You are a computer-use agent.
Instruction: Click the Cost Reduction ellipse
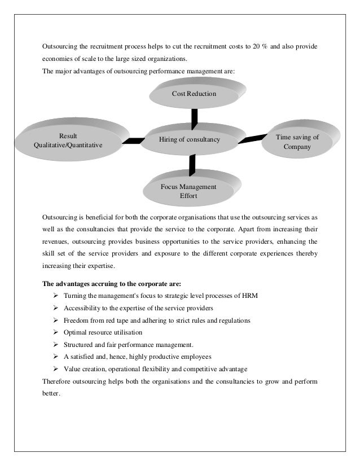[x=194, y=93]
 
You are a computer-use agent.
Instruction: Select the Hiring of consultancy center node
[x=189, y=139]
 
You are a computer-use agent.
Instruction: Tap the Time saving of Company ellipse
[x=297, y=142]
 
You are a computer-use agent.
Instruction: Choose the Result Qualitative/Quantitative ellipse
[x=68, y=140]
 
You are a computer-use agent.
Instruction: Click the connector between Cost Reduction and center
[x=195, y=117]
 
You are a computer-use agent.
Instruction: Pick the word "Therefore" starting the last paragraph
[x=57, y=381]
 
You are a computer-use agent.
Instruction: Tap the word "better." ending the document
[x=51, y=394]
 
